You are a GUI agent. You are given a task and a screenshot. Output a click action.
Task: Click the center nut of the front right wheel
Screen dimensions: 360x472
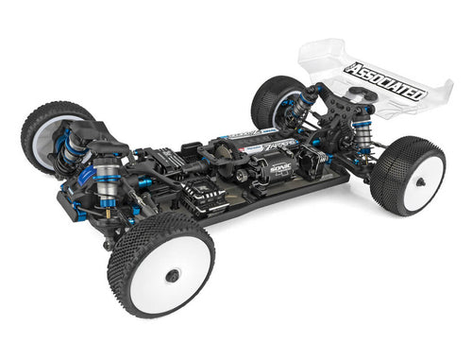(x=173, y=275)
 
